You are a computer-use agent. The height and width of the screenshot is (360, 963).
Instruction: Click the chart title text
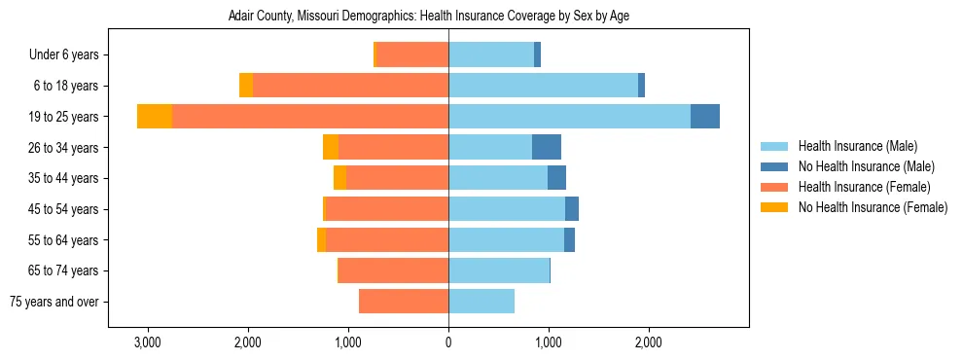click(448, 17)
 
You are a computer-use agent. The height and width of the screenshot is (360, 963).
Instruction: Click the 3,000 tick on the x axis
click(148, 342)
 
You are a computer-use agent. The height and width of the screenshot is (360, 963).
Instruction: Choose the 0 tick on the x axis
click(448, 342)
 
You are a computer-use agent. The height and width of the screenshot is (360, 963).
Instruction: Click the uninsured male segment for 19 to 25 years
click(705, 117)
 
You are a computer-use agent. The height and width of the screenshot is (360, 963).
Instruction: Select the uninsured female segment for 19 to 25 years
click(155, 117)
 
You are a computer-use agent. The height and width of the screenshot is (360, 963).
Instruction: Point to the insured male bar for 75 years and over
click(481, 302)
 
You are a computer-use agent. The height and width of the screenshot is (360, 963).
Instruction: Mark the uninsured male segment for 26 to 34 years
click(547, 147)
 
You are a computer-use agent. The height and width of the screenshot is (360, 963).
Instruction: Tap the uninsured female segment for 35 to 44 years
click(339, 178)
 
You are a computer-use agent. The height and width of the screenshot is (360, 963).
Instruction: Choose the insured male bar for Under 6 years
click(491, 54)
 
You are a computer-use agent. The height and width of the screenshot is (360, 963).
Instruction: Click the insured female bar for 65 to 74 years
click(393, 270)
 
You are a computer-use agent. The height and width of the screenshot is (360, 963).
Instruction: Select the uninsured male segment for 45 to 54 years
click(572, 209)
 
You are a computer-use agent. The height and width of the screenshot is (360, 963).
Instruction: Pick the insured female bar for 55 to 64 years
click(387, 239)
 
